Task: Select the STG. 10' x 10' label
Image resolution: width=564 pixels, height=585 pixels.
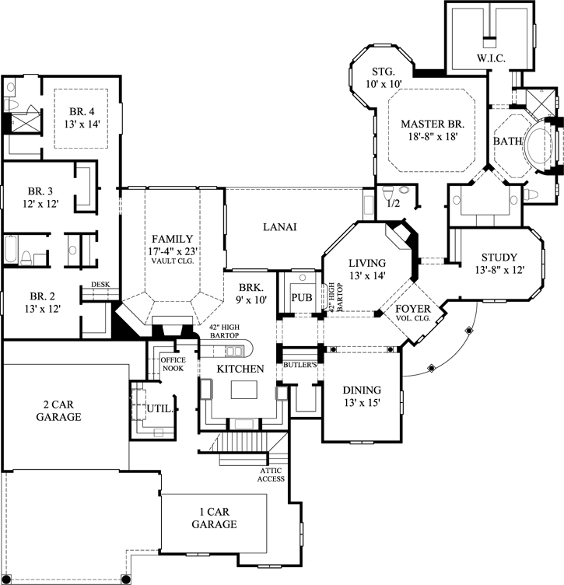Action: tap(383, 77)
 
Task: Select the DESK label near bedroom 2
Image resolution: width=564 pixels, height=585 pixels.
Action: tap(100, 285)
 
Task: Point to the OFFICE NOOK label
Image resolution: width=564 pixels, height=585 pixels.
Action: tap(173, 365)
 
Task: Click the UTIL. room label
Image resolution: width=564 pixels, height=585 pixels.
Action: tap(160, 408)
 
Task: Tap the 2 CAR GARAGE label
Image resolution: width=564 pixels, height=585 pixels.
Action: tap(59, 411)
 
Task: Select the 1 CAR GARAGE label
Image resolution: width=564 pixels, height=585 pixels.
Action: tap(214, 517)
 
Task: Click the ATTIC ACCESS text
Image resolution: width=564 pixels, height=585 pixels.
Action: tap(272, 475)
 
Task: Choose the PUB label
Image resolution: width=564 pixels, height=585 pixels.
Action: tap(301, 297)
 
